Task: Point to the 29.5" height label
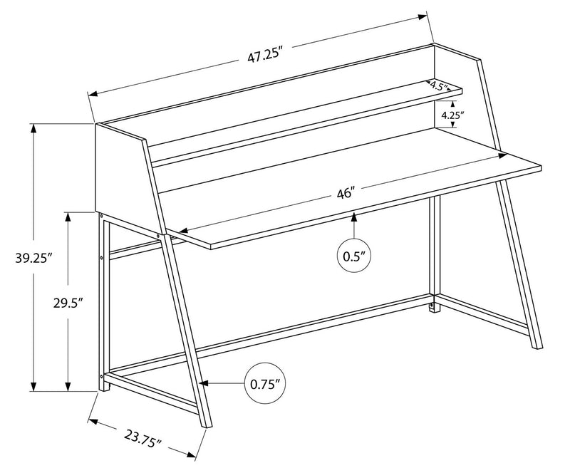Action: (x=69, y=303)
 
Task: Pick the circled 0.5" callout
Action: (x=355, y=254)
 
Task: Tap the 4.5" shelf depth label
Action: (x=439, y=87)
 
